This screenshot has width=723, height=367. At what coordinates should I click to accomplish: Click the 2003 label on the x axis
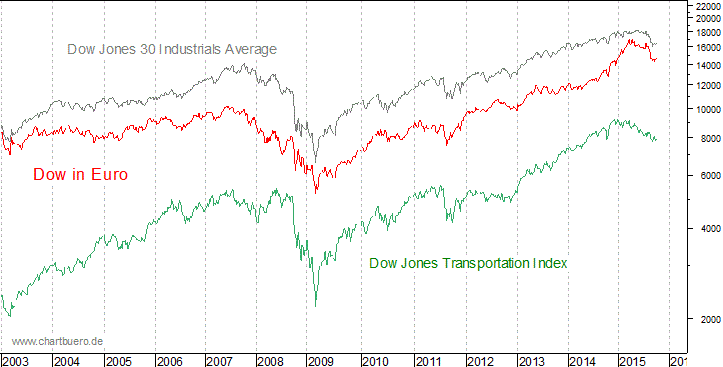pyautogui.click(x=15, y=360)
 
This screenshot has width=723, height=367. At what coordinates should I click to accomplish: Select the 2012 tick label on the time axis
pyautogui.click(x=477, y=360)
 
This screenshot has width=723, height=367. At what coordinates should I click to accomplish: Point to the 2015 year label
pyautogui.click(x=630, y=360)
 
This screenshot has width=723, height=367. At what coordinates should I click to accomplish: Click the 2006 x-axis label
pyautogui.click(x=168, y=360)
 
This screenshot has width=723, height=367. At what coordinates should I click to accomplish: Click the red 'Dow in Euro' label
pyautogui.click(x=80, y=174)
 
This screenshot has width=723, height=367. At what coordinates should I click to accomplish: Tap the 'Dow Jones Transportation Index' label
pyautogui.click(x=468, y=263)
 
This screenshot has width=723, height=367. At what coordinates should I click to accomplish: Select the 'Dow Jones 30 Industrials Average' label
pyautogui.click(x=171, y=49)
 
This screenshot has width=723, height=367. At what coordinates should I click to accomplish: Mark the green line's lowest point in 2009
pyautogui.click(x=316, y=305)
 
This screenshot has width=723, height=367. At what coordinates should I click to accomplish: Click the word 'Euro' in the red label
pyautogui.click(x=109, y=174)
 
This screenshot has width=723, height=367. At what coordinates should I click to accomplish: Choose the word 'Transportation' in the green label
pyautogui.click(x=482, y=263)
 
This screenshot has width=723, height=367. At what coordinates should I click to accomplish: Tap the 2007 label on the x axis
pyautogui.click(x=220, y=360)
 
